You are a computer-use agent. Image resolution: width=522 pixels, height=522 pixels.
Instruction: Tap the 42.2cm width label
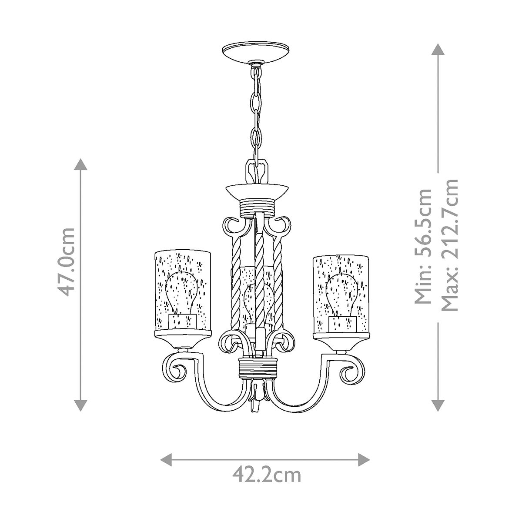266,475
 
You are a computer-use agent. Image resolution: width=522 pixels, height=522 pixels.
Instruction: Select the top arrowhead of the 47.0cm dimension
80,164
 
